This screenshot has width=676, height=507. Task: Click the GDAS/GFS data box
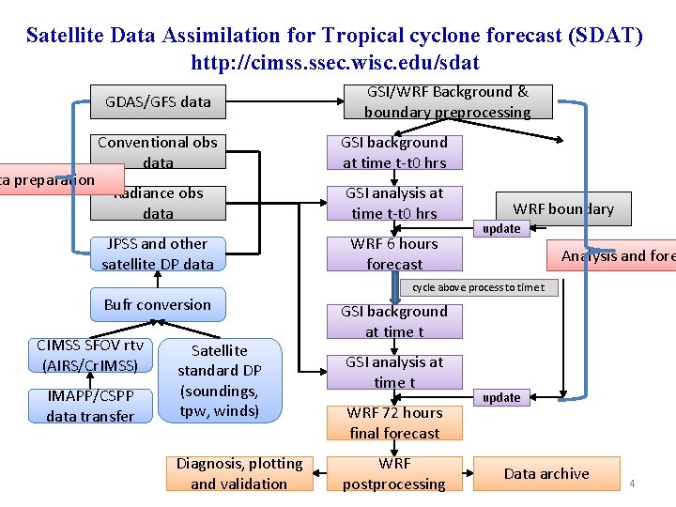pyautogui.click(x=158, y=101)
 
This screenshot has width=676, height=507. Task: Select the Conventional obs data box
pyautogui.click(x=158, y=152)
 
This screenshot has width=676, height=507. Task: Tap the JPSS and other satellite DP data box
pyautogui.click(x=158, y=253)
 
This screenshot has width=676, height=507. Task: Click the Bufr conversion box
pyautogui.click(x=158, y=304)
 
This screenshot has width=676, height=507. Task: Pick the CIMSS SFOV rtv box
pyautogui.click(x=90, y=355)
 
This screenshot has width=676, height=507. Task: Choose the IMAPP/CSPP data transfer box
pyautogui.click(x=90, y=406)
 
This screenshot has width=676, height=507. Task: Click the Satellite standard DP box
pyautogui.click(x=220, y=380)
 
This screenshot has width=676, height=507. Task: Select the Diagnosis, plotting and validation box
pyautogui.click(x=239, y=473)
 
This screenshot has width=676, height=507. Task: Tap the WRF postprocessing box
pyautogui.click(x=394, y=473)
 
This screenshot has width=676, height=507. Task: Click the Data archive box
pyautogui.click(x=546, y=473)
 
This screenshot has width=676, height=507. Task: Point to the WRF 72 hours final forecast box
pyautogui.click(x=394, y=422)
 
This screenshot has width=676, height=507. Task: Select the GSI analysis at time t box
pyautogui.click(x=394, y=372)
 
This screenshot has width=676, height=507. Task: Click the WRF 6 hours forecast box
pyautogui.click(x=394, y=253)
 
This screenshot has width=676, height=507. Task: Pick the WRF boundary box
pyautogui.click(x=563, y=208)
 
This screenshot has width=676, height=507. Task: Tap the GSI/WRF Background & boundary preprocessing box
pyautogui.click(x=447, y=101)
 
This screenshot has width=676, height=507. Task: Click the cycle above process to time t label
pyautogui.click(x=478, y=287)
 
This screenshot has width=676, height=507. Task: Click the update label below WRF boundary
pyautogui.click(x=501, y=228)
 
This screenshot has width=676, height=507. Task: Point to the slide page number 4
pyautogui.click(x=632, y=484)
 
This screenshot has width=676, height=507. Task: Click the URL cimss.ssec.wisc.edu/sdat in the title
pyautogui.click(x=335, y=63)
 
